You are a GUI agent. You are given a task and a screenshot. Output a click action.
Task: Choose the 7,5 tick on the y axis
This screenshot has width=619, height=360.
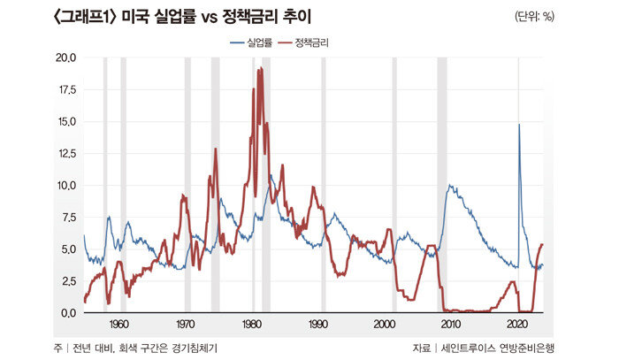pyautogui.click(x=67, y=218)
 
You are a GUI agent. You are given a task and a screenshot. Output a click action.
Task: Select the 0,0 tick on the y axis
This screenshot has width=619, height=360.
pyautogui.click(x=67, y=312)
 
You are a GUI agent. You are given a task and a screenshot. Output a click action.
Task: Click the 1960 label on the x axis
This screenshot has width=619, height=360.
pyautogui.click(x=120, y=324)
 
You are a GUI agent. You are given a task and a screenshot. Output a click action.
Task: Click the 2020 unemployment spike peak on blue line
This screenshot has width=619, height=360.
pyautogui.click(x=519, y=125)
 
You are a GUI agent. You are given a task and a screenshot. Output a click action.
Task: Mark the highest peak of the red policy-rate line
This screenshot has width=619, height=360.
pyautogui.click(x=260, y=68)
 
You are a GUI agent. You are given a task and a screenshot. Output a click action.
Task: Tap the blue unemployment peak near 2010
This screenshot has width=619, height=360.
pyautogui.click(x=451, y=186)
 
